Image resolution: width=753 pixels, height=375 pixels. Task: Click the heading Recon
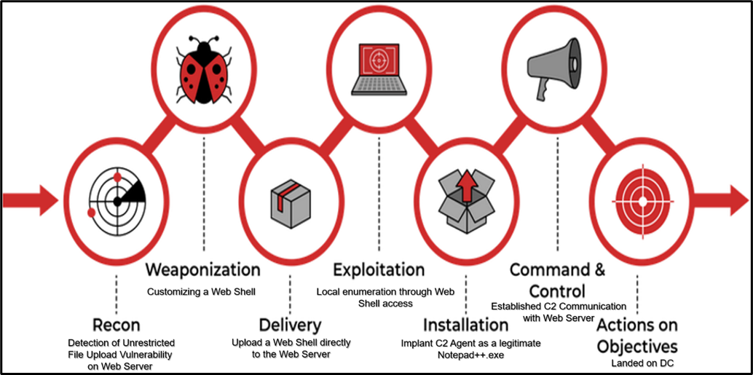(x=117, y=324)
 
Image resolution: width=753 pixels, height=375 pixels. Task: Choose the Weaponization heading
(x=203, y=269)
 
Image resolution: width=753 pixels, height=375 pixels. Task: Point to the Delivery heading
(x=290, y=324)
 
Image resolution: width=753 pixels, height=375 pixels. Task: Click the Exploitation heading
(x=379, y=270)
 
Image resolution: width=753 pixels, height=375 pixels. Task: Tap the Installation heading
(x=466, y=324)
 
